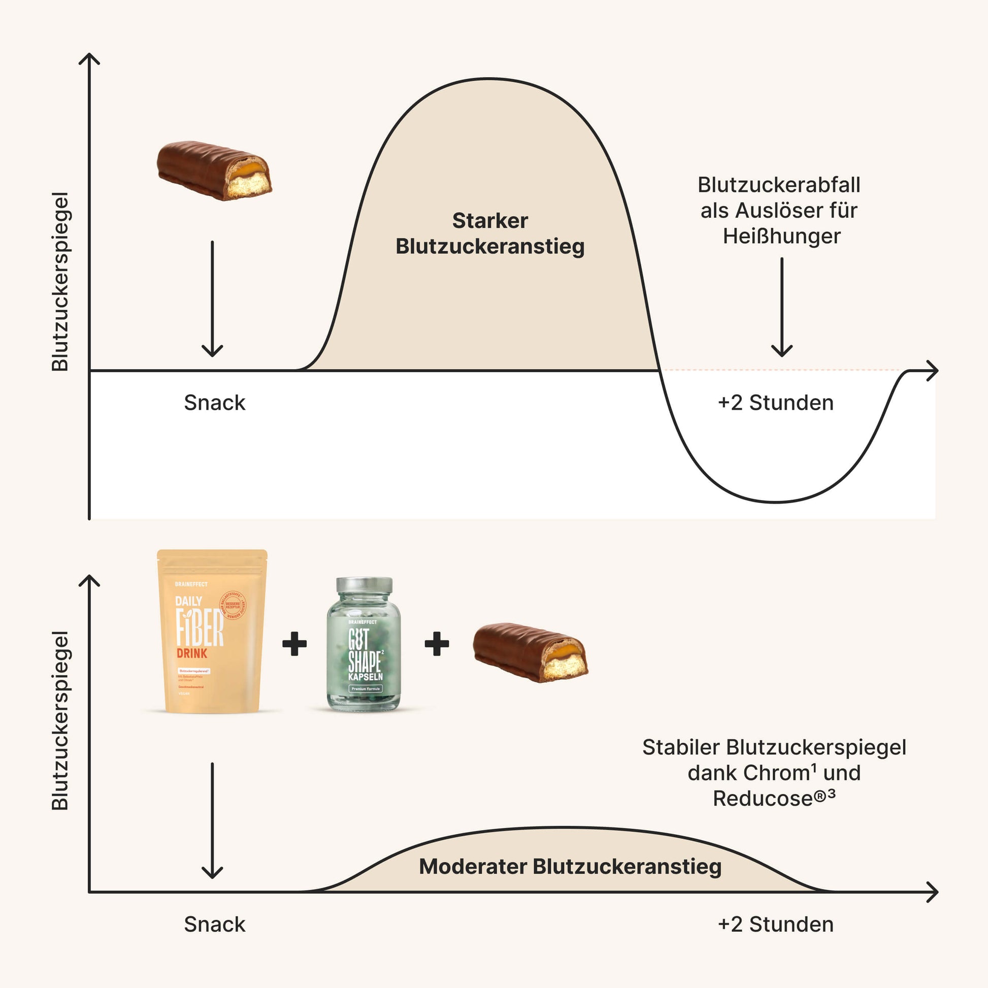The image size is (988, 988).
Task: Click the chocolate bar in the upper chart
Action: pyautogui.click(x=214, y=170)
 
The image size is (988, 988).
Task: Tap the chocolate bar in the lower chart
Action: pyautogui.click(x=530, y=652)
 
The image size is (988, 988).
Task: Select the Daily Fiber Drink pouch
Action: pyautogui.click(x=212, y=632)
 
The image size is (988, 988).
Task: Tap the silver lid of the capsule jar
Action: pyautogui.click(x=364, y=585)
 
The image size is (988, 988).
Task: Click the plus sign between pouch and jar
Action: pyautogui.click(x=294, y=643)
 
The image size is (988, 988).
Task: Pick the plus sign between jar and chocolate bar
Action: pyautogui.click(x=437, y=643)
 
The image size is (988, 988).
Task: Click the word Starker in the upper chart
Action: pyautogui.click(x=490, y=221)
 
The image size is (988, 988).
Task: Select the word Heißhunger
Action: pyautogui.click(x=781, y=236)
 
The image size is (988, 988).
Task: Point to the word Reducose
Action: pyautogui.click(x=763, y=799)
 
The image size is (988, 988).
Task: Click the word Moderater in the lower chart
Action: pyautogui.click(x=473, y=866)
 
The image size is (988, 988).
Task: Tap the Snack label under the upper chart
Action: pyautogui.click(x=215, y=403)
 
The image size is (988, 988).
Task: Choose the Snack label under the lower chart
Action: pyautogui.click(x=215, y=925)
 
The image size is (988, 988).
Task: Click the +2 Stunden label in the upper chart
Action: pyautogui.click(x=775, y=403)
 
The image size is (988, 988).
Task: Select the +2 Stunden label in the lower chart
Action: pyautogui.click(x=775, y=925)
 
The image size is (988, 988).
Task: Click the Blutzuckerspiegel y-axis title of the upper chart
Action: pyautogui.click(x=60, y=281)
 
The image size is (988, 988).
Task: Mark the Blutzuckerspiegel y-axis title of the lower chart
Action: pyautogui.click(x=60, y=720)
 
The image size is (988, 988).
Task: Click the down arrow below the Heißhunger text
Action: pyautogui.click(x=781, y=307)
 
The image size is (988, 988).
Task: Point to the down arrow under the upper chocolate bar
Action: pyautogui.click(x=212, y=299)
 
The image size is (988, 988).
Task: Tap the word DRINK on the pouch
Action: pyautogui.click(x=192, y=653)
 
